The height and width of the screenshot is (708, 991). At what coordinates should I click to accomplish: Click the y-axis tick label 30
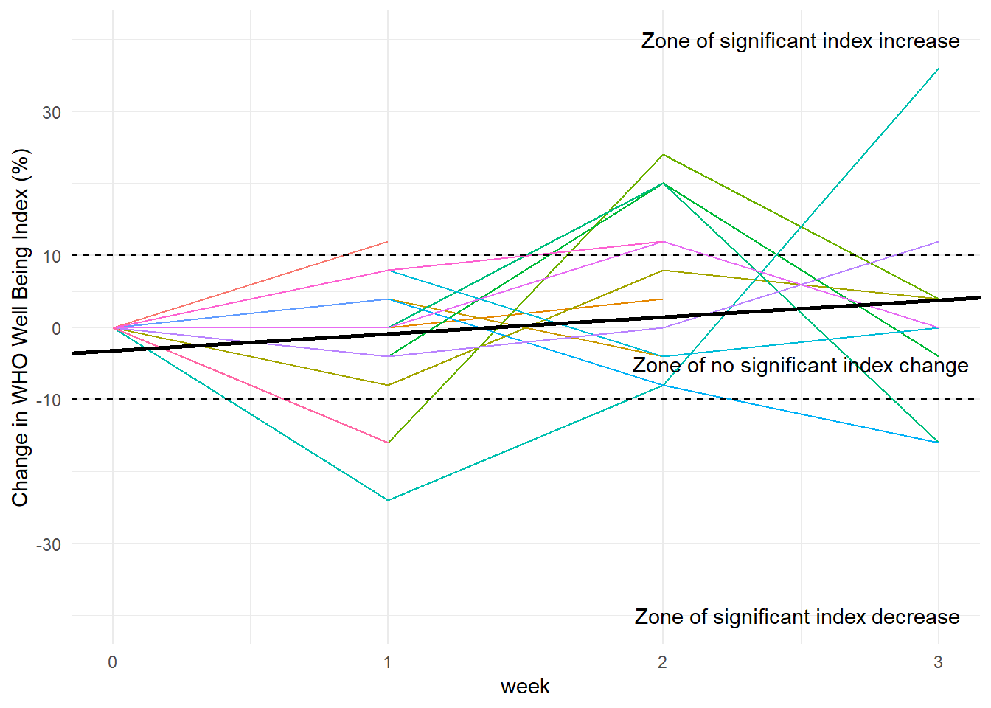point(51,113)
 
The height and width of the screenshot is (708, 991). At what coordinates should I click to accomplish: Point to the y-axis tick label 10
point(51,257)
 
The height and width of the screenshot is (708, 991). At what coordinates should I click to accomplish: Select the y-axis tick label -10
point(49,400)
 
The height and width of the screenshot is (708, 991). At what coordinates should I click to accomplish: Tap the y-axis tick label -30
point(49,545)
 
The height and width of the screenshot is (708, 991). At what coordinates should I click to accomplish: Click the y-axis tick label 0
point(56,329)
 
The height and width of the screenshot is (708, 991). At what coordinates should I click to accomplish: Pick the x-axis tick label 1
point(388,662)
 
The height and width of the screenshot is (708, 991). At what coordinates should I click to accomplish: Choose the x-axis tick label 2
point(662,662)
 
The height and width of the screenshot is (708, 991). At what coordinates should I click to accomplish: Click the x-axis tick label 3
point(938,662)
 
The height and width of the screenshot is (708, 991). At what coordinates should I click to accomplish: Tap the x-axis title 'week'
point(525,687)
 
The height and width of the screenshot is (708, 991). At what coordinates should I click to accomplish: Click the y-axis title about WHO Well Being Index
point(21,327)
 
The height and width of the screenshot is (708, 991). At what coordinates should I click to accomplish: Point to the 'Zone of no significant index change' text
point(800,366)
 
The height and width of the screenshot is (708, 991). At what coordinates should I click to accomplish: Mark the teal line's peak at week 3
point(938,69)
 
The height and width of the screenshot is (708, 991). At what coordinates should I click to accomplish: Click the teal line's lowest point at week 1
point(388,500)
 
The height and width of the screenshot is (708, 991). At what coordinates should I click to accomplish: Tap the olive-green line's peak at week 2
point(663,155)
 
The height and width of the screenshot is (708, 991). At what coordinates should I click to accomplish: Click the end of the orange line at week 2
point(663,299)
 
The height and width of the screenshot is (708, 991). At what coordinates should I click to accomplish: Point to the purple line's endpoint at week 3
point(938,242)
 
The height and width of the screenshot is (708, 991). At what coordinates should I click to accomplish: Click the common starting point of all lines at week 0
point(113,327)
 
